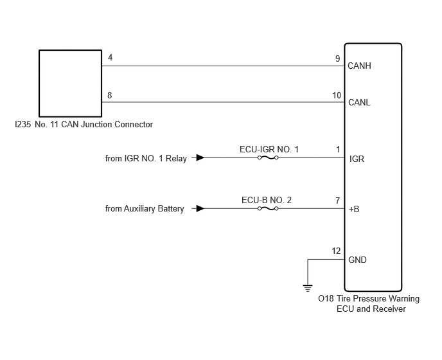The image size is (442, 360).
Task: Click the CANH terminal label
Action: pyautogui.click(x=359, y=66)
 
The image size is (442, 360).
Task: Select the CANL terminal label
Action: pyautogui.click(x=359, y=102)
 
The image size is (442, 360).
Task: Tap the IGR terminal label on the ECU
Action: pyautogui.click(x=357, y=159)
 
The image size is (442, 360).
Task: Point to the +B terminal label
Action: pyautogui.click(x=354, y=209)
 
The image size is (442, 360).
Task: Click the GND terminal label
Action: pyautogui.click(x=357, y=260)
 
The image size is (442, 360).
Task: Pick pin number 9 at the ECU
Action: pyautogui.click(x=338, y=59)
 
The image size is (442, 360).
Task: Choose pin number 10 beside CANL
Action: pyautogui.click(x=337, y=95)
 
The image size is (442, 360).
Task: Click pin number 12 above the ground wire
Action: pyautogui.click(x=336, y=251)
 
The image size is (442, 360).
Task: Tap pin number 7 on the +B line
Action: pyautogui.click(x=338, y=201)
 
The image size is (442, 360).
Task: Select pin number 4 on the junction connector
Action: pyautogui.click(x=110, y=58)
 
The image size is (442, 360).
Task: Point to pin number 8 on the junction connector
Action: pyautogui.click(x=110, y=95)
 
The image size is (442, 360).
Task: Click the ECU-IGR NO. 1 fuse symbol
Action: pyautogui.click(x=268, y=157)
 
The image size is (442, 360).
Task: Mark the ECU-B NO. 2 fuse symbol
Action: pyautogui.click(x=268, y=209)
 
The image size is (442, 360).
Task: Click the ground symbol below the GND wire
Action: pyautogui.click(x=308, y=289)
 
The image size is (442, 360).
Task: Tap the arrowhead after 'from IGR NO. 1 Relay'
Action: pyautogui.click(x=200, y=157)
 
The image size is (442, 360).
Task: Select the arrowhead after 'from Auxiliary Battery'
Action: pyautogui.click(x=200, y=209)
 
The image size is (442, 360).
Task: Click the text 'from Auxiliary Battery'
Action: pyautogui.click(x=145, y=209)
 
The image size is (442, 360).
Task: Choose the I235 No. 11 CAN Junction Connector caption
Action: pyautogui.click(x=84, y=125)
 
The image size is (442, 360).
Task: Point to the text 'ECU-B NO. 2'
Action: pyautogui.click(x=267, y=200)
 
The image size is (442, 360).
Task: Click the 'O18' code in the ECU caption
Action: pyautogui.click(x=326, y=298)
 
